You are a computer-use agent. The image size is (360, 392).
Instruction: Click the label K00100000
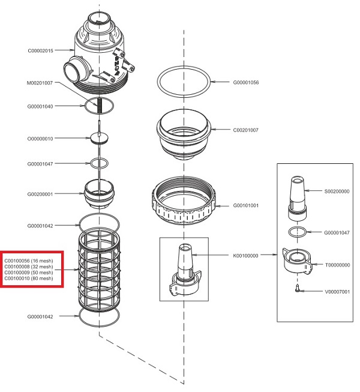point(245,255)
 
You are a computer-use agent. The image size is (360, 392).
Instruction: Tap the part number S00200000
point(337,191)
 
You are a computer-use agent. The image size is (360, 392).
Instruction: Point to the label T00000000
point(337,265)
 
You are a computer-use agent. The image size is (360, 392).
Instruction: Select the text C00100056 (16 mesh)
point(29,261)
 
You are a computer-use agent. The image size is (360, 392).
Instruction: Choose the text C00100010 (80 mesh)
point(29,279)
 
